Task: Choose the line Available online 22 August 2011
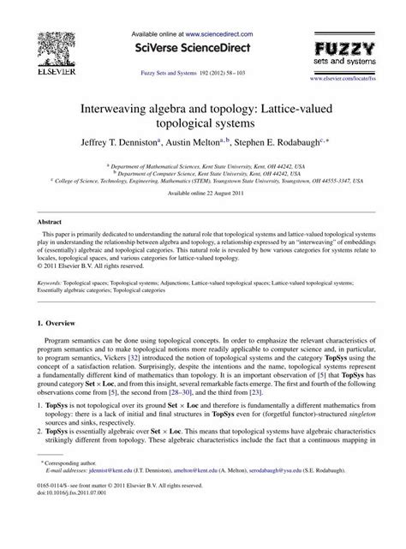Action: [202, 194]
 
